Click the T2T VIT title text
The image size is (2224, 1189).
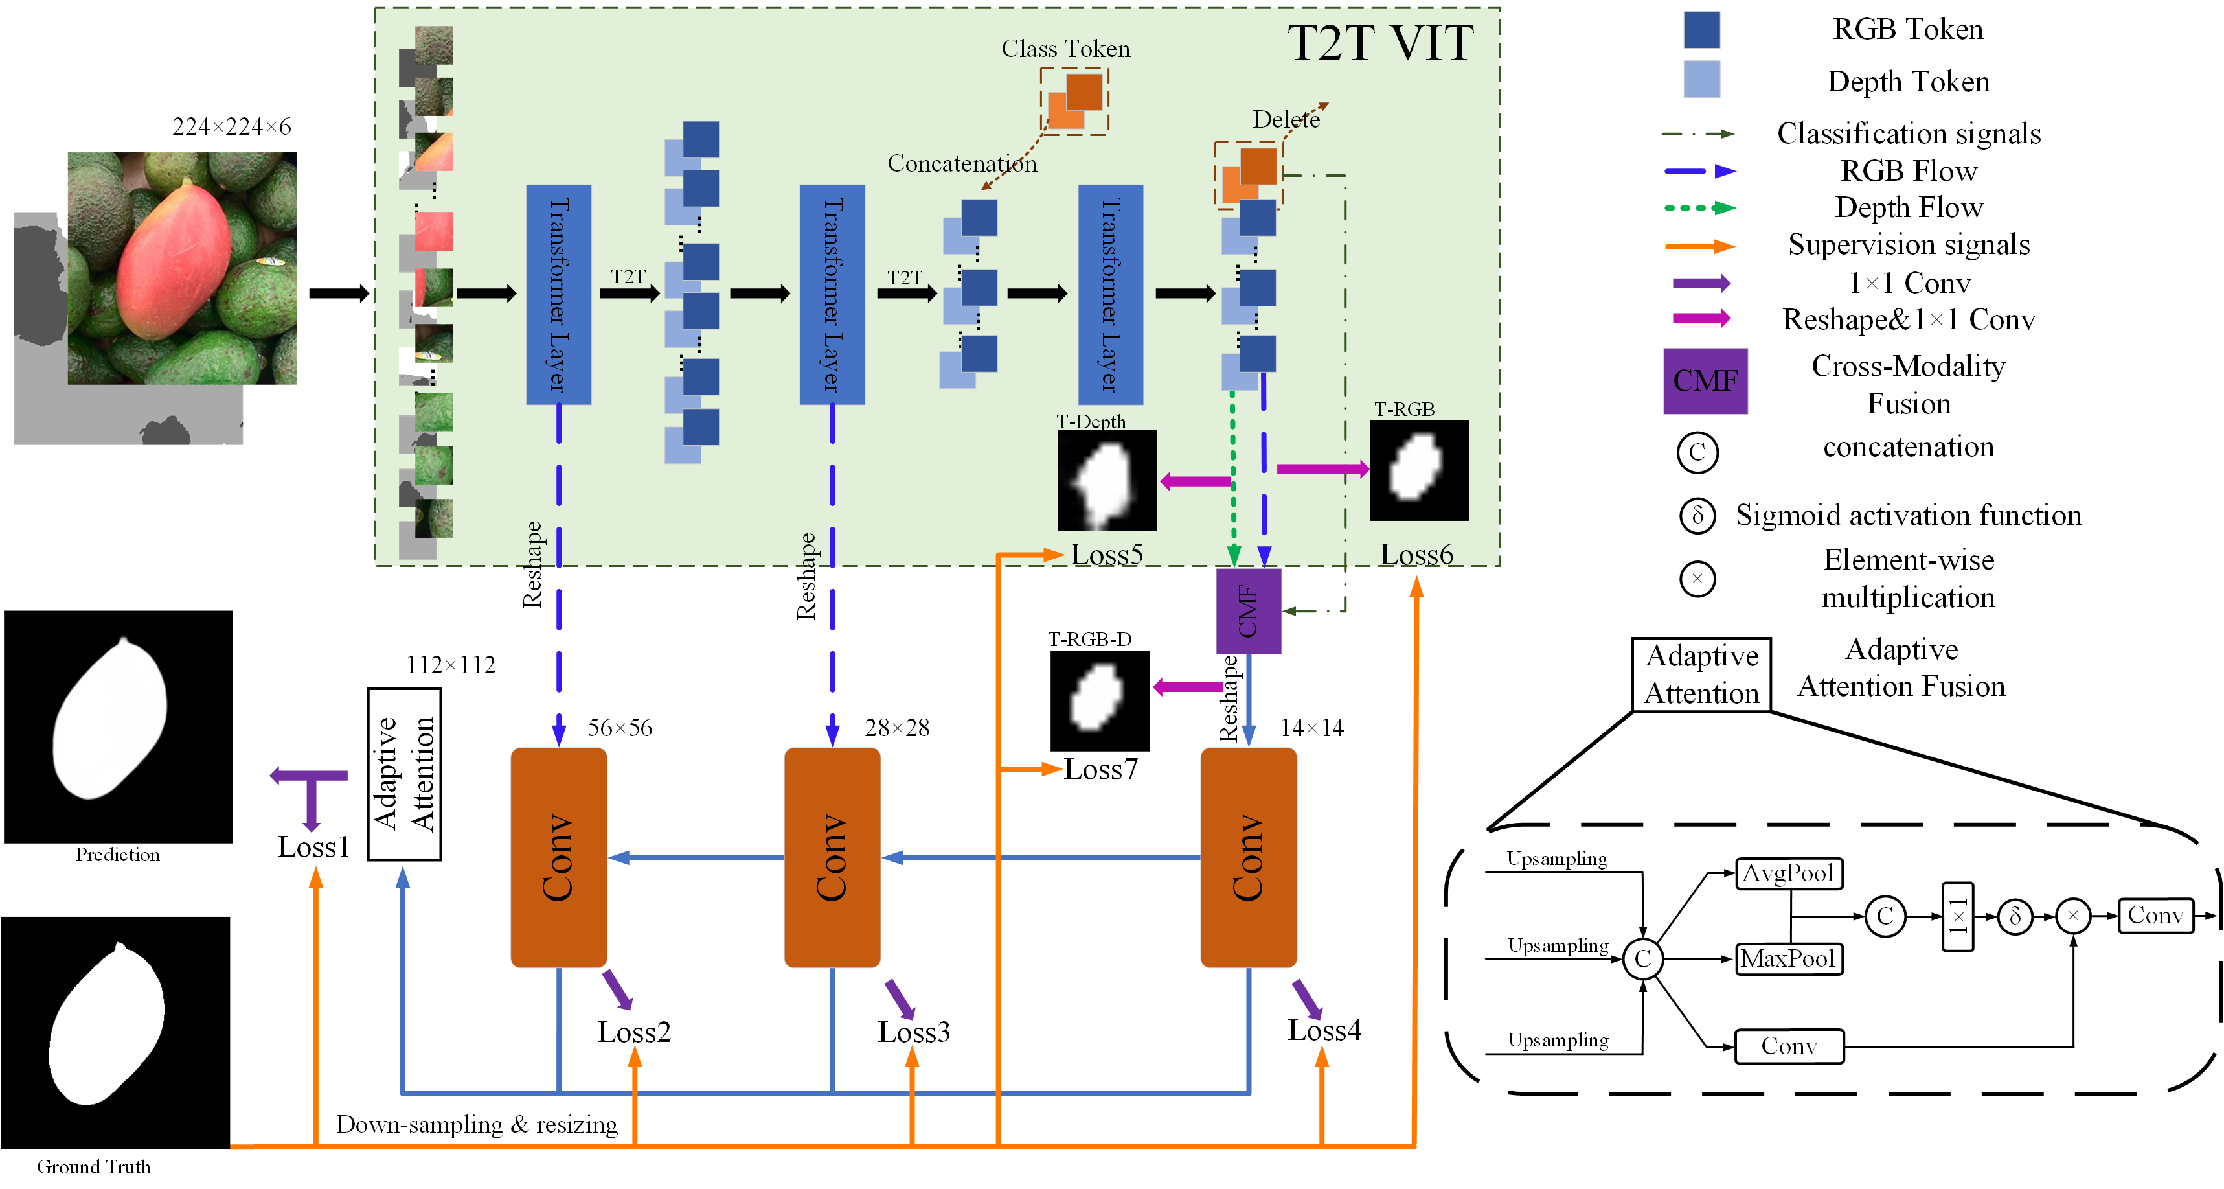(1379, 43)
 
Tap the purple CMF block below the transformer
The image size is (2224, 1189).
(1247, 610)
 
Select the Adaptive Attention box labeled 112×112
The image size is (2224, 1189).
(404, 774)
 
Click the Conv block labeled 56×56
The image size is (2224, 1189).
(558, 857)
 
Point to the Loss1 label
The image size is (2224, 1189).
(313, 847)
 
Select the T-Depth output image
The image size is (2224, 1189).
(1106, 480)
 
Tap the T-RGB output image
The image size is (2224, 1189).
(1418, 470)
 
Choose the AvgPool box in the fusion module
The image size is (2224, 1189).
(1788, 873)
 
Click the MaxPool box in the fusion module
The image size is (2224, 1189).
(1788, 958)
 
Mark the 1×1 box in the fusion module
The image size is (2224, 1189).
(1957, 916)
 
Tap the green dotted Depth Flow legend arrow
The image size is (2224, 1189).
(1699, 208)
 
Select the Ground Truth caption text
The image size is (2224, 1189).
(93, 1166)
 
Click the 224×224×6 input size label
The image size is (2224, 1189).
(231, 127)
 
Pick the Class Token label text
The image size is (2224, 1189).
(1065, 49)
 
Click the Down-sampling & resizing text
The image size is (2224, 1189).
(477, 1124)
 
